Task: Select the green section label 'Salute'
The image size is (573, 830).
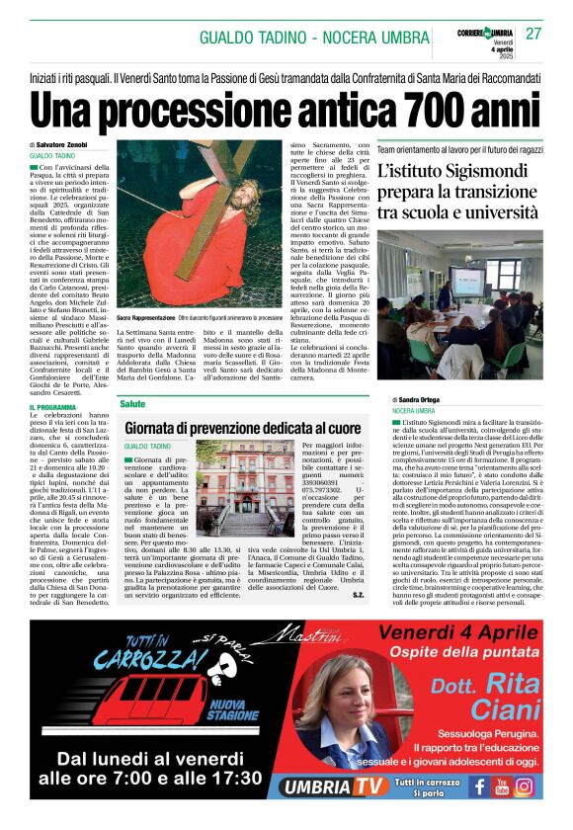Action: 132,404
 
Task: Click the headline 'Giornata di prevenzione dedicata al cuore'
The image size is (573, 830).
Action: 243,429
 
